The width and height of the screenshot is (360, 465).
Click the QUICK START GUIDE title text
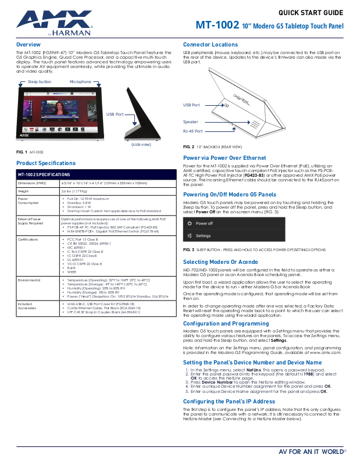point(311,12)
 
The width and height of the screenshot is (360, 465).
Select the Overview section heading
point(28,45)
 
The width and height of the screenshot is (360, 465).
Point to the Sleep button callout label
point(40,82)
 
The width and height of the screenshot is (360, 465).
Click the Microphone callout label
point(80,82)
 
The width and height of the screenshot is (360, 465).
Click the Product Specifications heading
point(46,163)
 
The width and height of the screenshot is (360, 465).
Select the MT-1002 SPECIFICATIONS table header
point(44,174)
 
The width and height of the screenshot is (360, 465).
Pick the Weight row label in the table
point(23,191)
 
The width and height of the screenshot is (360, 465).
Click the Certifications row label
point(28,239)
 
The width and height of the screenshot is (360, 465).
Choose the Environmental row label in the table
point(28,280)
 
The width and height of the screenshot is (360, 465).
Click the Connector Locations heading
point(210,45)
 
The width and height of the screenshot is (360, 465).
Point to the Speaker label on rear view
point(191,122)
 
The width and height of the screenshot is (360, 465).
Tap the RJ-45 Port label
point(193,131)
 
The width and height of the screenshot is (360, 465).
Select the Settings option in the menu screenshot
point(203,236)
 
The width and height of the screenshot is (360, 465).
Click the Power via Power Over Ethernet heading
point(224,158)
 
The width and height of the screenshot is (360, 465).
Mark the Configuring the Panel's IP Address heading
point(229,401)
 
